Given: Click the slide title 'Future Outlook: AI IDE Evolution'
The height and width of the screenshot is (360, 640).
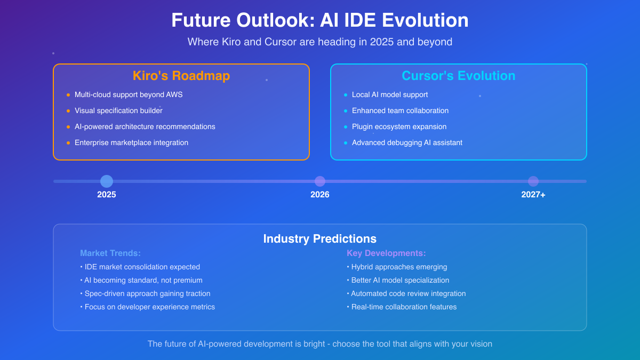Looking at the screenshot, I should [x=320, y=20].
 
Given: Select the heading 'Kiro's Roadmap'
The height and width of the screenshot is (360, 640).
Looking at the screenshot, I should [x=181, y=76].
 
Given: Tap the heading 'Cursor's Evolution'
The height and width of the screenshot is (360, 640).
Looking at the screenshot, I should [x=458, y=76].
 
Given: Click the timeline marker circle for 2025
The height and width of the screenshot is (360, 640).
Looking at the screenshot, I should [x=107, y=181].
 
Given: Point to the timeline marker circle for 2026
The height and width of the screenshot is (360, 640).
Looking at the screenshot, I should [x=320, y=181].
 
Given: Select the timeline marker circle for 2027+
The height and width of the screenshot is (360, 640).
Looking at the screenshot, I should [x=533, y=181].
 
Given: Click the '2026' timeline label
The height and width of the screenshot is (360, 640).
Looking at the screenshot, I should [x=320, y=195].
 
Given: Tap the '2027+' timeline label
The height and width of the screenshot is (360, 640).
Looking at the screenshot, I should [x=533, y=195].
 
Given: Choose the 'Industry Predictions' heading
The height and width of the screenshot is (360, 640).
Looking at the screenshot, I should [x=320, y=239].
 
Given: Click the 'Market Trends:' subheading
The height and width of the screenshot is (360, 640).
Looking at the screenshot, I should [x=110, y=253].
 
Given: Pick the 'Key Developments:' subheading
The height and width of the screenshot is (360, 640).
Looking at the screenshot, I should [x=386, y=253].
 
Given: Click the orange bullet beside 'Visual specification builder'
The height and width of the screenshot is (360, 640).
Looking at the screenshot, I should [x=68, y=111].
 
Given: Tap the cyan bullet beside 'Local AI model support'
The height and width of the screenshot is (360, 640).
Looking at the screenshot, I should [x=346, y=95].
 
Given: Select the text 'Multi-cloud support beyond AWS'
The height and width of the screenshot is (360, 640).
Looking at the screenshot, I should [x=129, y=95].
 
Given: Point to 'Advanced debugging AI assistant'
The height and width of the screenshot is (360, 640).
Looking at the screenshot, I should [x=407, y=143].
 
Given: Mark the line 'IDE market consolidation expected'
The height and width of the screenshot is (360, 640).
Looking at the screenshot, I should [x=142, y=267].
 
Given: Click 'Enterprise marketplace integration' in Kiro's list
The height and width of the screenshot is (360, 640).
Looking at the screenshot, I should [x=131, y=143].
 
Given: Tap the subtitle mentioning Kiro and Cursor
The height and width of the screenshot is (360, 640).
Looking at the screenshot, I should [x=320, y=42].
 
